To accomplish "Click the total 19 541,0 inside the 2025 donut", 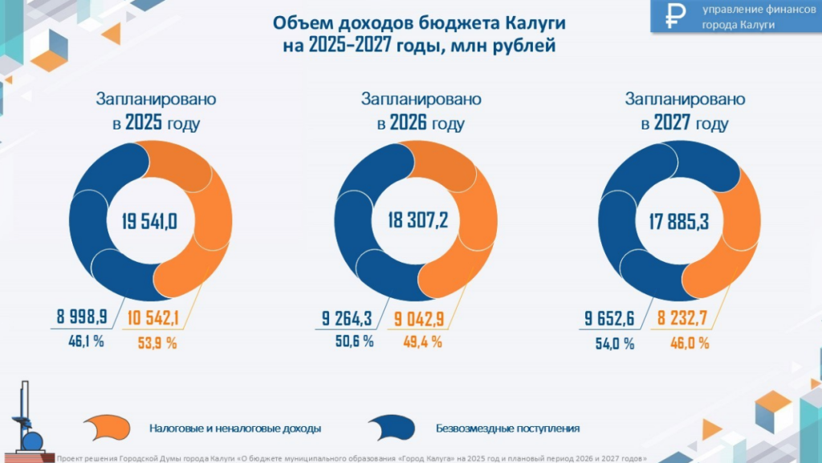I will click(149, 220).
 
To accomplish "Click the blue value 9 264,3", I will click(348, 318).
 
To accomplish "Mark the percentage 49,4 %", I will click(422, 342).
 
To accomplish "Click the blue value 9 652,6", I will click(609, 318).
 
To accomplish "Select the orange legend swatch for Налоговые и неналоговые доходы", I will click(108, 428).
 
